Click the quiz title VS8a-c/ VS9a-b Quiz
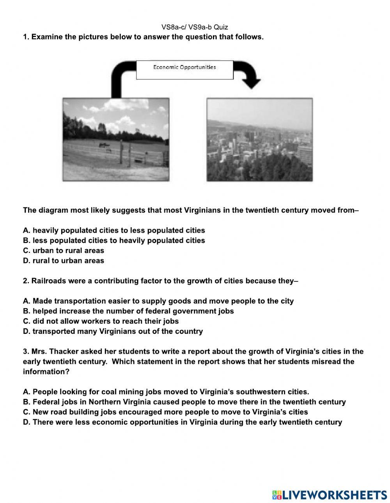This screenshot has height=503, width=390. [x=195, y=27]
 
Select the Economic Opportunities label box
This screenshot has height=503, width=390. [x=184, y=70]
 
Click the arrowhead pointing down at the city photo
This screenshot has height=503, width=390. [x=251, y=82]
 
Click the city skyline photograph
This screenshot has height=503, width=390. [x=259, y=139]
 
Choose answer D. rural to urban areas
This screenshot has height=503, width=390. [x=64, y=261]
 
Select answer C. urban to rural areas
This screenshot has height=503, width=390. [x=64, y=251]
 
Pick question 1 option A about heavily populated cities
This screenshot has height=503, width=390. [x=114, y=230]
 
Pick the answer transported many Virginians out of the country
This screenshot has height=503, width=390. [x=113, y=332]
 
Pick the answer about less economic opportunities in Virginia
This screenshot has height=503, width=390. [x=182, y=422]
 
